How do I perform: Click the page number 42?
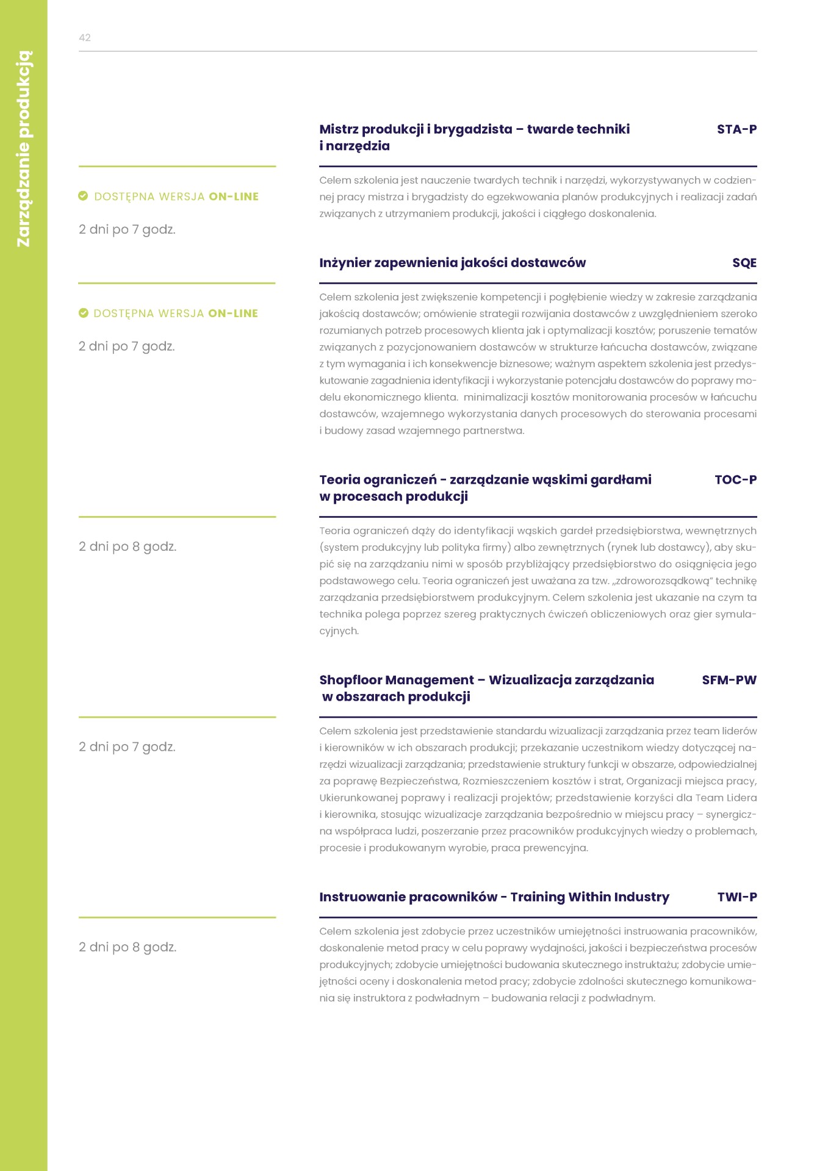pos(85,38)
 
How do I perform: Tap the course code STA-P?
pos(736,129)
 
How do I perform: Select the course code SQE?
pos(744,263)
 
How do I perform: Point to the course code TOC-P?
pos(735,480)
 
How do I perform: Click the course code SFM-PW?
pos(729,680)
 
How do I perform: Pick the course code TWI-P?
pos(736,897)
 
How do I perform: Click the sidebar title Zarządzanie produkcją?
pos(24,149)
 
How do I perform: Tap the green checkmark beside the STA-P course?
pos(84,196)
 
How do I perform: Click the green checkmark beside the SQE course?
pos(84,313)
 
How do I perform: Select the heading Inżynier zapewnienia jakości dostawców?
pos(452,263)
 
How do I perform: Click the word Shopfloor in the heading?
pos(350,680)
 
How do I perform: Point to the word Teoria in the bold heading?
pos(340,480)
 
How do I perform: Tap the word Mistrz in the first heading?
pos(339,129)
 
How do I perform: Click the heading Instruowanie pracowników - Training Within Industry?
pos(494,897)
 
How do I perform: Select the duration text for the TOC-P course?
pos(128,546)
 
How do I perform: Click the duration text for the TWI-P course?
pos(128,947)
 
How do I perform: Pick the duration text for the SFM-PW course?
pos(127,747)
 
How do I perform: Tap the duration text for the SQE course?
pos(127,346)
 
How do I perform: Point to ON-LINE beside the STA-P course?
pos(234,196)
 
